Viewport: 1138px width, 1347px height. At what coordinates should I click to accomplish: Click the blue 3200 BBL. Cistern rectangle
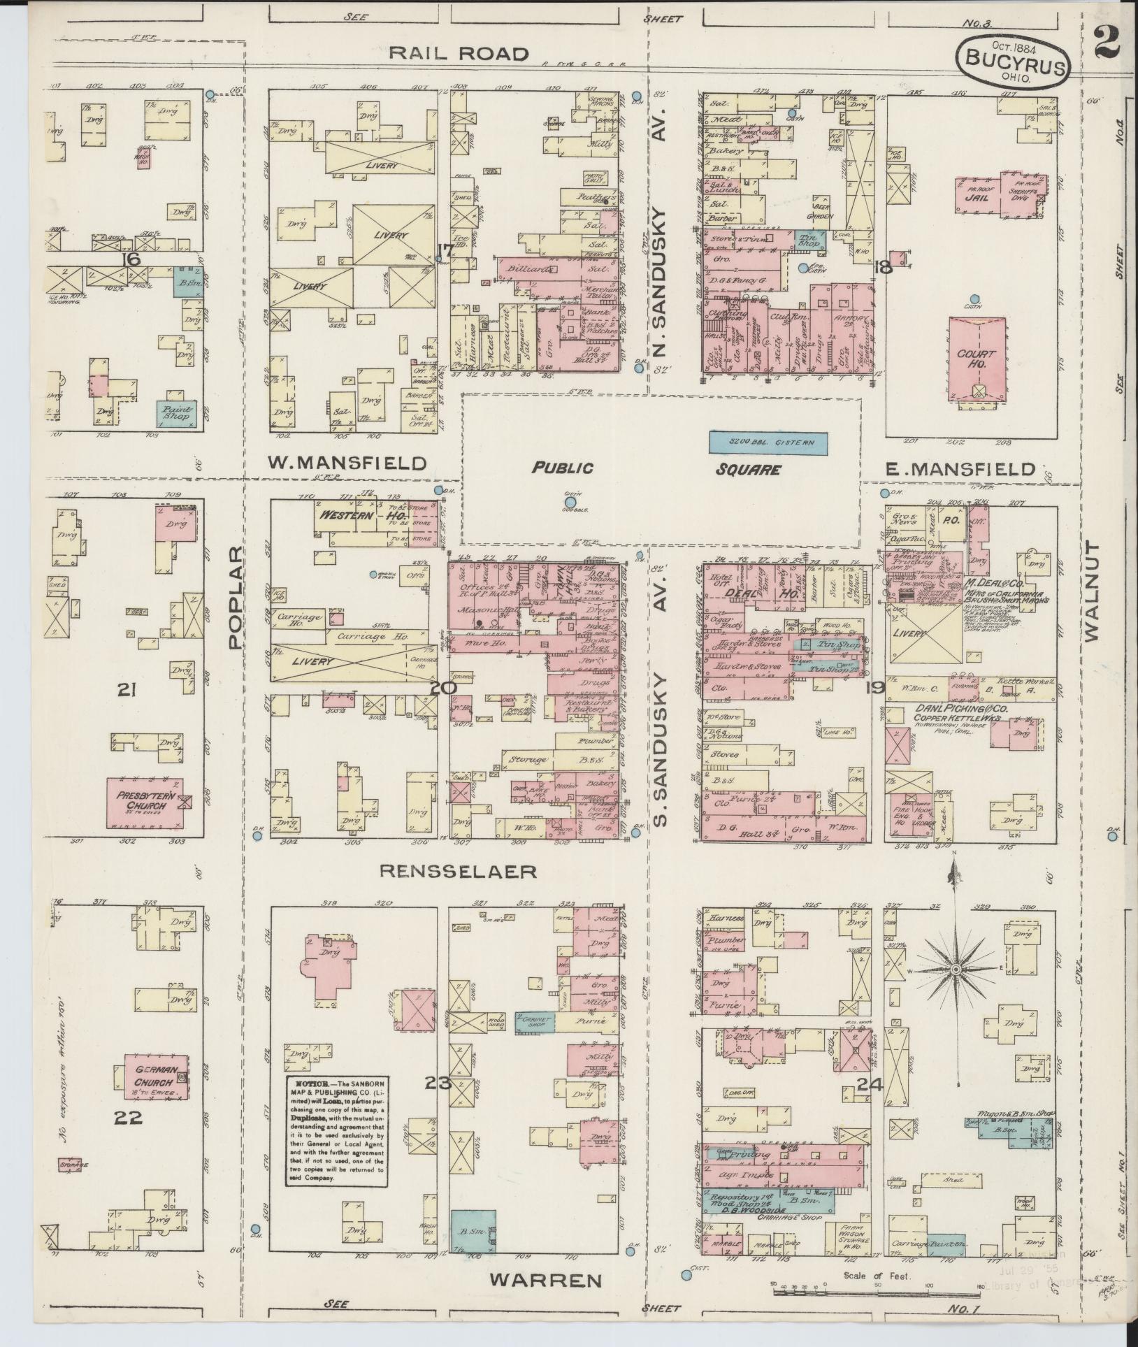click(768, 442)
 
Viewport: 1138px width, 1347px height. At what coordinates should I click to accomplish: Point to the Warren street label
click(545, 1280)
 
